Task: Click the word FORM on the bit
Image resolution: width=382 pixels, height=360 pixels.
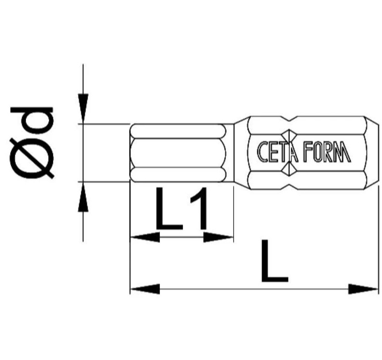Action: [x=328, y=152]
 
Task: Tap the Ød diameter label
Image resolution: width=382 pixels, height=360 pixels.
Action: [x=32, y=143]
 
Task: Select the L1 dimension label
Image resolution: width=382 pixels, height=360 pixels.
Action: [x=182, y=209]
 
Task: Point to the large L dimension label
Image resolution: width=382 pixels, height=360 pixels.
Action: [x=274, y=261]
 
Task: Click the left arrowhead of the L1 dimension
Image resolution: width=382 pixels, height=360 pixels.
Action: [x=145, y=237]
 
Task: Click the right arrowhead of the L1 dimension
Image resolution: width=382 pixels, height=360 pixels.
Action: [x=218, y=237]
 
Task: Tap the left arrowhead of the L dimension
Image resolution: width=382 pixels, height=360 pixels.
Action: [x=145, y=289]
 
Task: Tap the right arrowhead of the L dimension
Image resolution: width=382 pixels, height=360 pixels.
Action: [x=363, y=289]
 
